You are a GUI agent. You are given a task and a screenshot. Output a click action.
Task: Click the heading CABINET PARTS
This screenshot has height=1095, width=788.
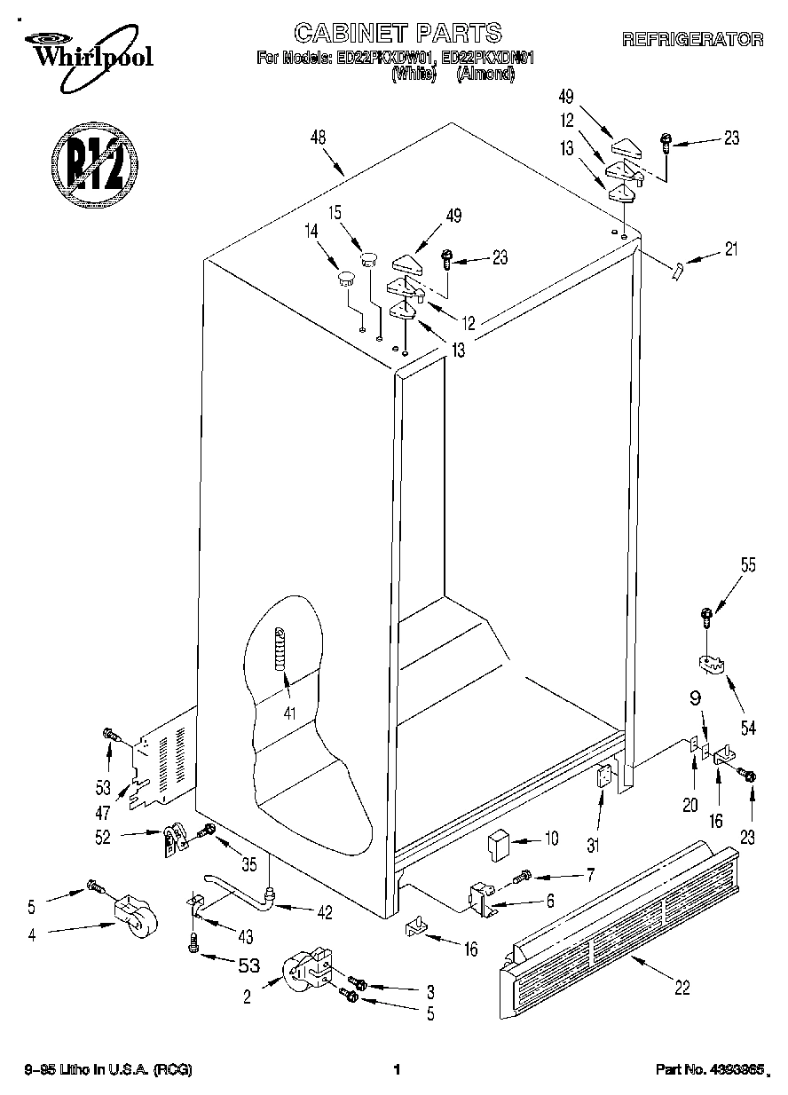(398, 34)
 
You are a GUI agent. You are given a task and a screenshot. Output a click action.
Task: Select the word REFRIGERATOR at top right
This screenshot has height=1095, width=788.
(692, 39)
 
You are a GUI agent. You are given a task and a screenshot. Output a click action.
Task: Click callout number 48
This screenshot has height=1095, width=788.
(319, 138)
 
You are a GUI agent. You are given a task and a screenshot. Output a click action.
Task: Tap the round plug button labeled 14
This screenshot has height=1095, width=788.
(343, 280)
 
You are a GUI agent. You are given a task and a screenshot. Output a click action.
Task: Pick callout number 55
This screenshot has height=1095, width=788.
(748, 564)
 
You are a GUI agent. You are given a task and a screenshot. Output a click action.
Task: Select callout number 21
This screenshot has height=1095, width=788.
(729, 250)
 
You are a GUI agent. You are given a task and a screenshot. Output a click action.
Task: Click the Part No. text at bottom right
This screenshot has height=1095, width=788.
(709, 1071)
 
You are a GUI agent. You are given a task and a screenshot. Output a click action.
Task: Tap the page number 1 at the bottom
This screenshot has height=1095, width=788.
(397, 1070)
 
